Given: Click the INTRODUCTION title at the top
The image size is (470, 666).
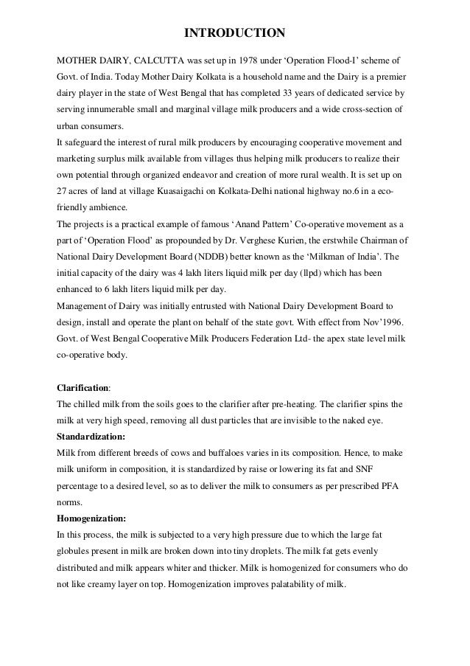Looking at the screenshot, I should pos(234,33).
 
